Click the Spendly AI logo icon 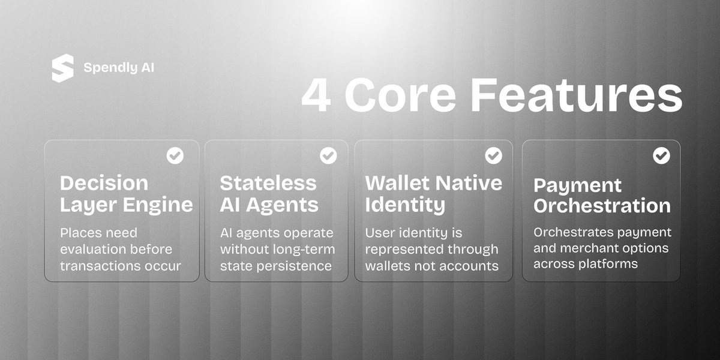62,68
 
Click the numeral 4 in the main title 316,96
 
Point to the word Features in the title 577,96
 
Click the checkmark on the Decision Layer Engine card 175,156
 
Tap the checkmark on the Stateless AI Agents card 328,156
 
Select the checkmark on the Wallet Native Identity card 493,156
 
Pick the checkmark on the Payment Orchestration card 661,156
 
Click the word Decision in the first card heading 104,182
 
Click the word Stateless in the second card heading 268,182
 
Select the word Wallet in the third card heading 398,182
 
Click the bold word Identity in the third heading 405,205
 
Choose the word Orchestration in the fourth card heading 602,206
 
